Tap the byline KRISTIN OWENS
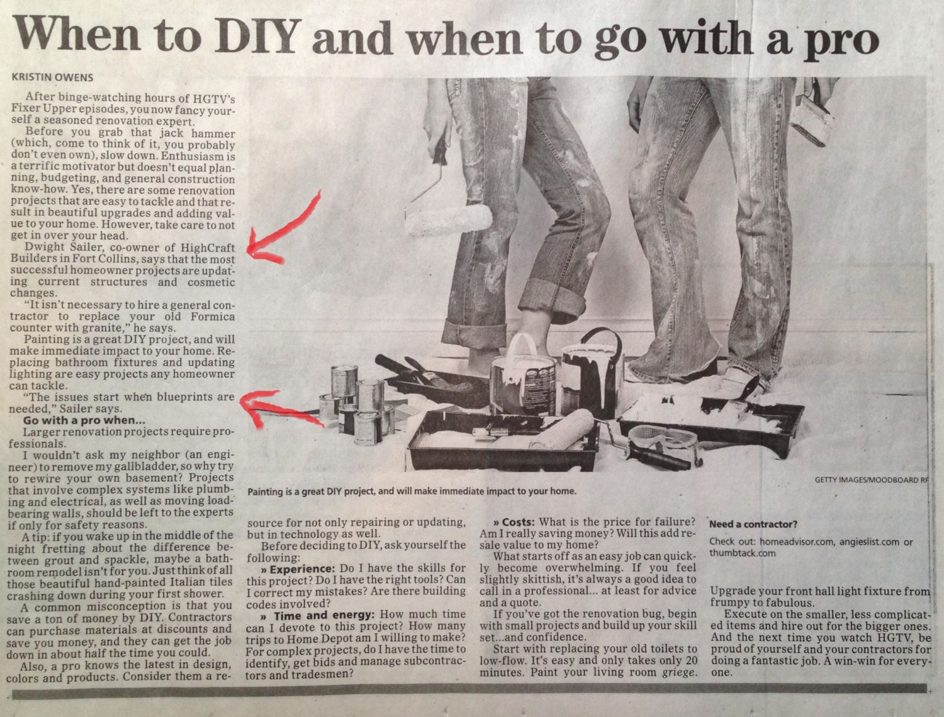tap(52, 77)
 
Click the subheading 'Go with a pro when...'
tap(84, 421)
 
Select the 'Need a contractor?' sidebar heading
tap(753, 524)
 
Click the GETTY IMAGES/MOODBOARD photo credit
tap(872, 480)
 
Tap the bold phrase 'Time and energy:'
tap(325, 614)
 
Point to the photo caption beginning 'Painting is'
tap(412, 491)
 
